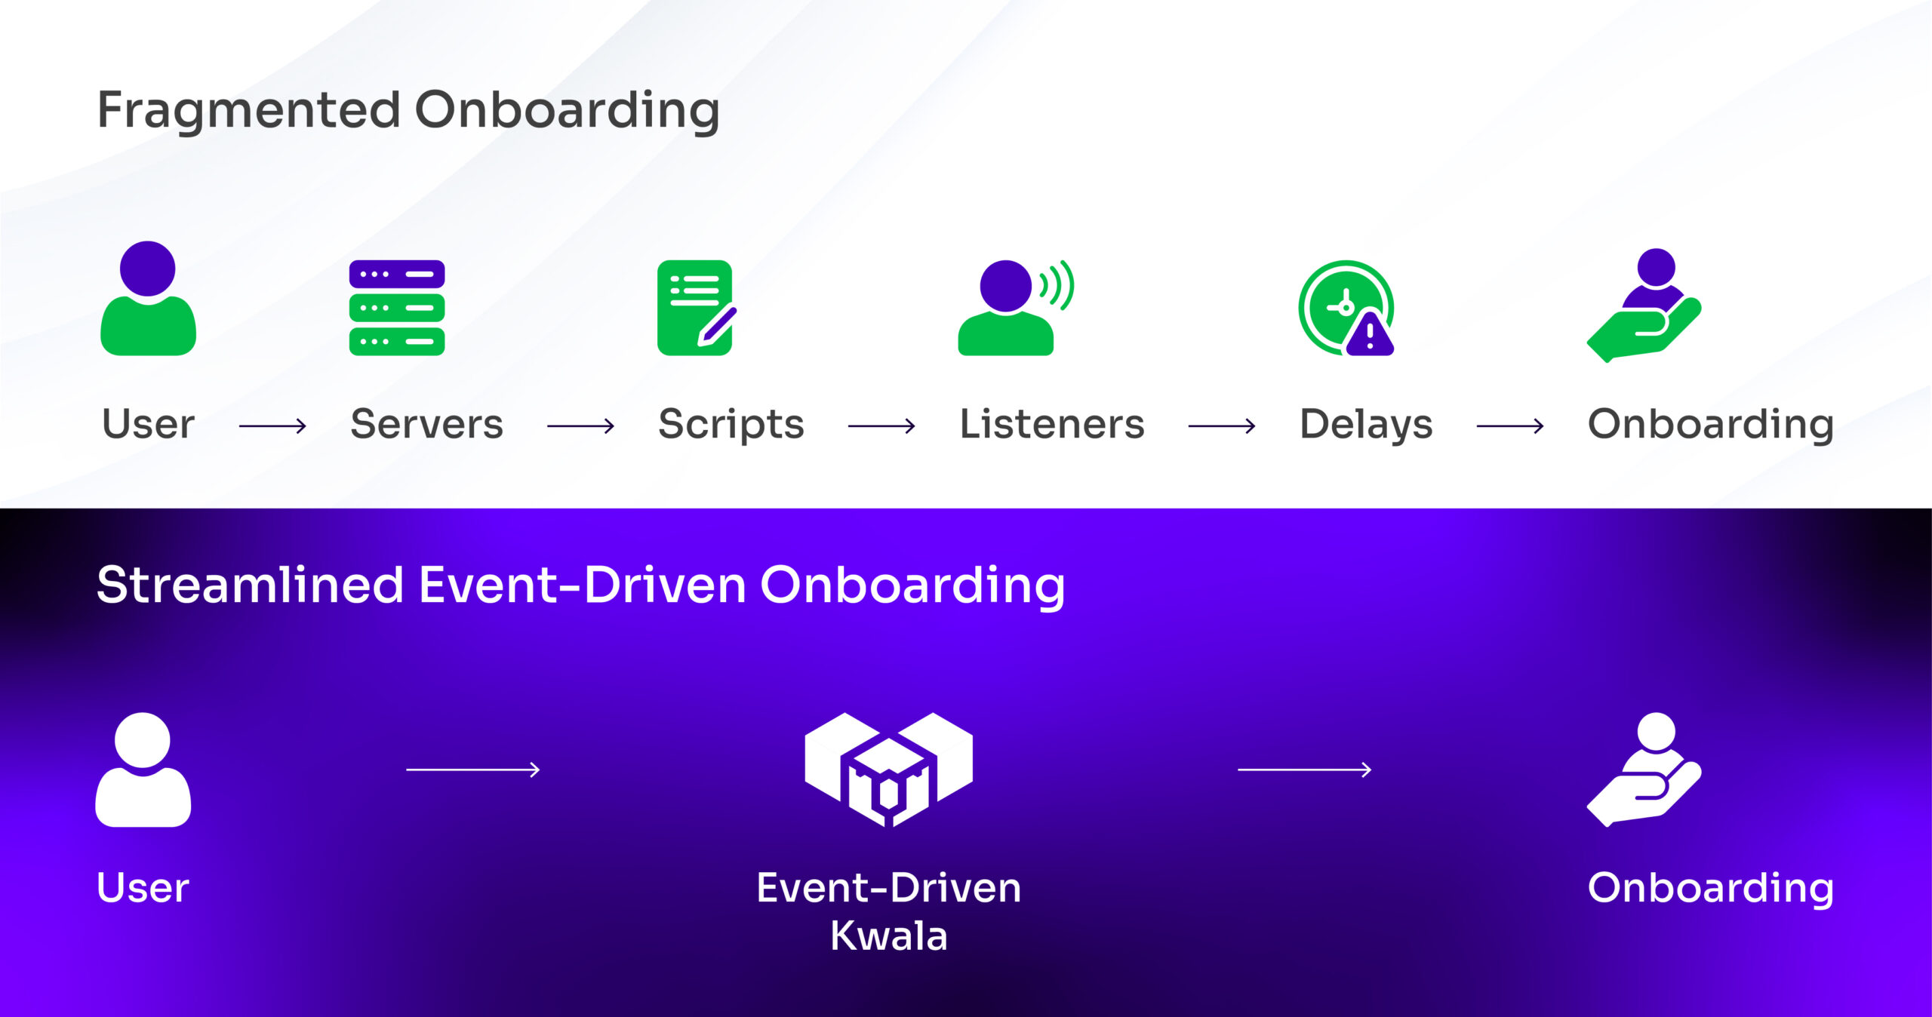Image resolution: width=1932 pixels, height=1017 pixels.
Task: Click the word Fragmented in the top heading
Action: click(249, 111)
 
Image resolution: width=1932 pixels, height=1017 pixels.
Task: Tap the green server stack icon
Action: click(397, 308)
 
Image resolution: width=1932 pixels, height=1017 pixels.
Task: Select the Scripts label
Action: click(731, 425)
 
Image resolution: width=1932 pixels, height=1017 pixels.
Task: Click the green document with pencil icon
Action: click(697, 308)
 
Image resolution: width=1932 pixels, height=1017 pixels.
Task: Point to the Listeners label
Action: click(1052, 424)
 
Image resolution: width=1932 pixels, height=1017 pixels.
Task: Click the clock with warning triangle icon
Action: click(1346, 308)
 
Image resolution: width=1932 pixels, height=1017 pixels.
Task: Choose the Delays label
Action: click(1366, 425)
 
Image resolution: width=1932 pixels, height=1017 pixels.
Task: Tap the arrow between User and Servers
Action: click(272, 426)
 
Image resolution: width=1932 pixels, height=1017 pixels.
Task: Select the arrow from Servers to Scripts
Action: click(580, 426)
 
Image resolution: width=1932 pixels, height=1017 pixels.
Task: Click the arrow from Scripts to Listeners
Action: click(881, 426)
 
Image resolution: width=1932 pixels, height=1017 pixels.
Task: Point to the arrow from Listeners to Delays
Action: click(1222, 426)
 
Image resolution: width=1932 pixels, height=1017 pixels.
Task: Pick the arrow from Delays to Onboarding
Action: click(1510, 426)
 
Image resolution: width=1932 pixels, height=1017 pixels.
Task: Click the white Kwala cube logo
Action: click(889, 770)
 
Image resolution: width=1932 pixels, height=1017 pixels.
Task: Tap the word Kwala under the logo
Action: click(889, 936)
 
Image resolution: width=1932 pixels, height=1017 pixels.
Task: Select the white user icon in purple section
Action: click(143, 770)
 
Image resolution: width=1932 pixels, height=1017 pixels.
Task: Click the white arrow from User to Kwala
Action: click(473, 770)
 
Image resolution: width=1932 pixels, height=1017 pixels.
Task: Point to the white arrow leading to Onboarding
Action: click(1305, 770)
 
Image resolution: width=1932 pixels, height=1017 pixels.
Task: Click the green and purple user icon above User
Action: click(149, 298)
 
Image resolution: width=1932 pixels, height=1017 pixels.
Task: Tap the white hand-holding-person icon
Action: click(1644, 770)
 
